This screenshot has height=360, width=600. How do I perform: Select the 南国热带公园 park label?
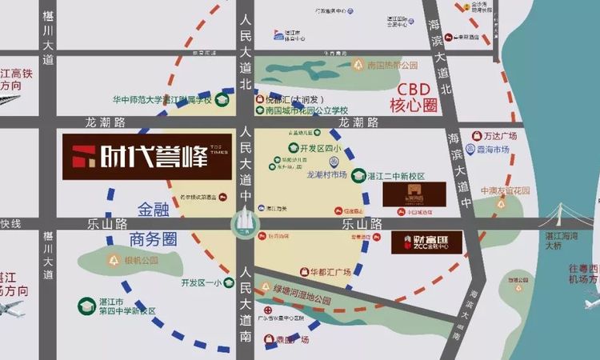click(x=393, y=65)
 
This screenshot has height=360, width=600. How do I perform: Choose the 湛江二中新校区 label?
click(x=395, y=175)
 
